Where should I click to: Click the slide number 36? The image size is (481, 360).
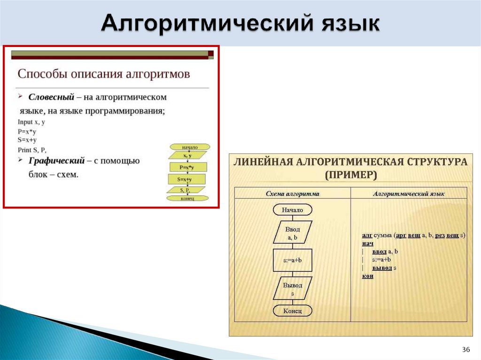coord(466,350)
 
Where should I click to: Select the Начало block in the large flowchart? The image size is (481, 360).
coord(292,210)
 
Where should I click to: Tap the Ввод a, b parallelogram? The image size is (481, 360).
coord(292,233)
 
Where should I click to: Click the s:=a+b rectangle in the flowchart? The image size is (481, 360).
coord(292,260)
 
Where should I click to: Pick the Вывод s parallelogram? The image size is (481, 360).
coord(292,289)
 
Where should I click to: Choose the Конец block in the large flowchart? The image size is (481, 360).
coord(292,311)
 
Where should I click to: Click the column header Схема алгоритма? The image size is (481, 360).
coord(292,193)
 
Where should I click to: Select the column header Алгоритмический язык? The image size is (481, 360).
coord(409,193)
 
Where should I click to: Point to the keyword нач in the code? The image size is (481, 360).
coord(367,244)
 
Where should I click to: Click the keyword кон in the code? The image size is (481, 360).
coord(367,276)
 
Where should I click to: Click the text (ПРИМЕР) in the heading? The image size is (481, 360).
coord(350,175)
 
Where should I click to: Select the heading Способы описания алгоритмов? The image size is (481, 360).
coord(104,74)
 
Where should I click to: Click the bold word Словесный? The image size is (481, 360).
coord(51,97)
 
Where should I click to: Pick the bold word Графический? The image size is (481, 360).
coord(56,161)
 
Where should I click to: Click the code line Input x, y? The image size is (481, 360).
coord(31,122)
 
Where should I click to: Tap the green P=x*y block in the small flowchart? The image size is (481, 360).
coord(187,167)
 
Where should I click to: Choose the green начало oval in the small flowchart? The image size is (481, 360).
coord(189,147)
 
